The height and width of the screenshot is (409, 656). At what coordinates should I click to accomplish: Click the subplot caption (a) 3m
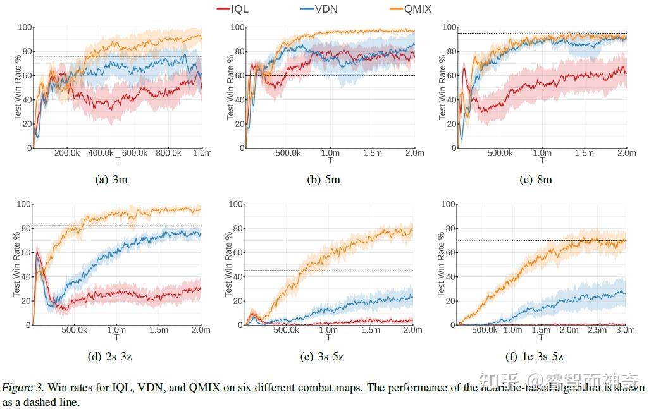111,180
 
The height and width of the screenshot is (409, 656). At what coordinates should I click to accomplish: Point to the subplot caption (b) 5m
323,180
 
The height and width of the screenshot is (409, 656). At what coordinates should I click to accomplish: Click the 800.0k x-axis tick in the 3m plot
168,153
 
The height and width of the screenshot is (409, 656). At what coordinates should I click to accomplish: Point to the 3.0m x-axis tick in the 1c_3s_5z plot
626,330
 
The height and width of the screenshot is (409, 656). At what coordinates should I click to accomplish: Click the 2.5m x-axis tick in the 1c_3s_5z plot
597,330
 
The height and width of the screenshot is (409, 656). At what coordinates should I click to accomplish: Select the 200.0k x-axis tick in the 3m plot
66,153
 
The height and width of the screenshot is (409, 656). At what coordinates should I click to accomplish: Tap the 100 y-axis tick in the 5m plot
237,27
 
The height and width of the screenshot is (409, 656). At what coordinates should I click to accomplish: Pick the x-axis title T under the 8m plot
541,161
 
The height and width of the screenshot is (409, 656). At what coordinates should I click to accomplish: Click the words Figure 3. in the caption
23,388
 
